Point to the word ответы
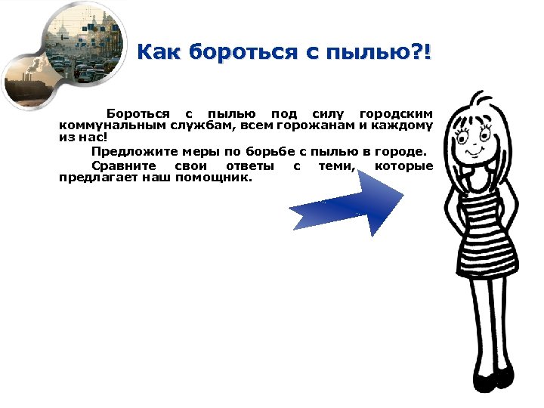[246, 165]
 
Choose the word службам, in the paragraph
[193, 125]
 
